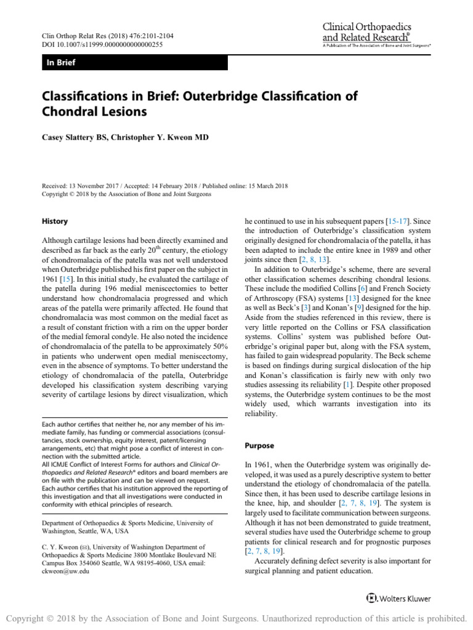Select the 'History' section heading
coord(55,221)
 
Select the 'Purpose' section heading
coord(261,445)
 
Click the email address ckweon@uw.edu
coord(65,570)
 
